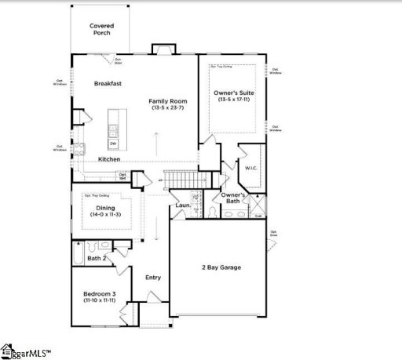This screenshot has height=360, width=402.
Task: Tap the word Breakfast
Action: coord(108,83)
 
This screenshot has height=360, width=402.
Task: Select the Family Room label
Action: coord(166,100)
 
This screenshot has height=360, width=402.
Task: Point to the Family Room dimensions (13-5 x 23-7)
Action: coord(166,107)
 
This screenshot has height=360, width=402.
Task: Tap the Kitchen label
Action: coord(109,159)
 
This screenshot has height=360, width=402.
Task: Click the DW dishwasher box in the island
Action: coord(113,144)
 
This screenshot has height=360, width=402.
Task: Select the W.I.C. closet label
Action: coord(251,167)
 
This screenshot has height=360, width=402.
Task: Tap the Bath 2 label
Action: coord(97,258)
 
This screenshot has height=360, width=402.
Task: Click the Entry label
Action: coord(152,277)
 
